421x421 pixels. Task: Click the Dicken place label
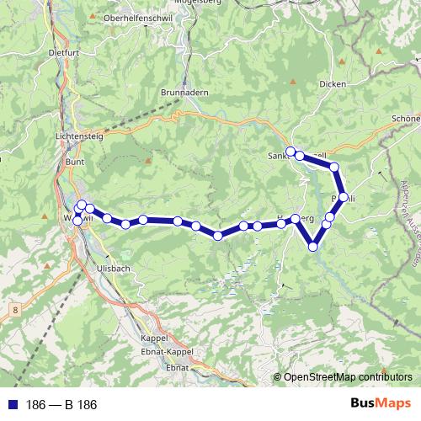333,83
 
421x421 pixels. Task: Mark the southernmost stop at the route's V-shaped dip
313,247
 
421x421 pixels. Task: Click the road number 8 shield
15,311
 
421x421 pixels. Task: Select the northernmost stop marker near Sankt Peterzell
291,152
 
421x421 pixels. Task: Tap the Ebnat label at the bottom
178,368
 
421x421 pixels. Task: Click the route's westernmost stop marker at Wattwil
77,220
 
